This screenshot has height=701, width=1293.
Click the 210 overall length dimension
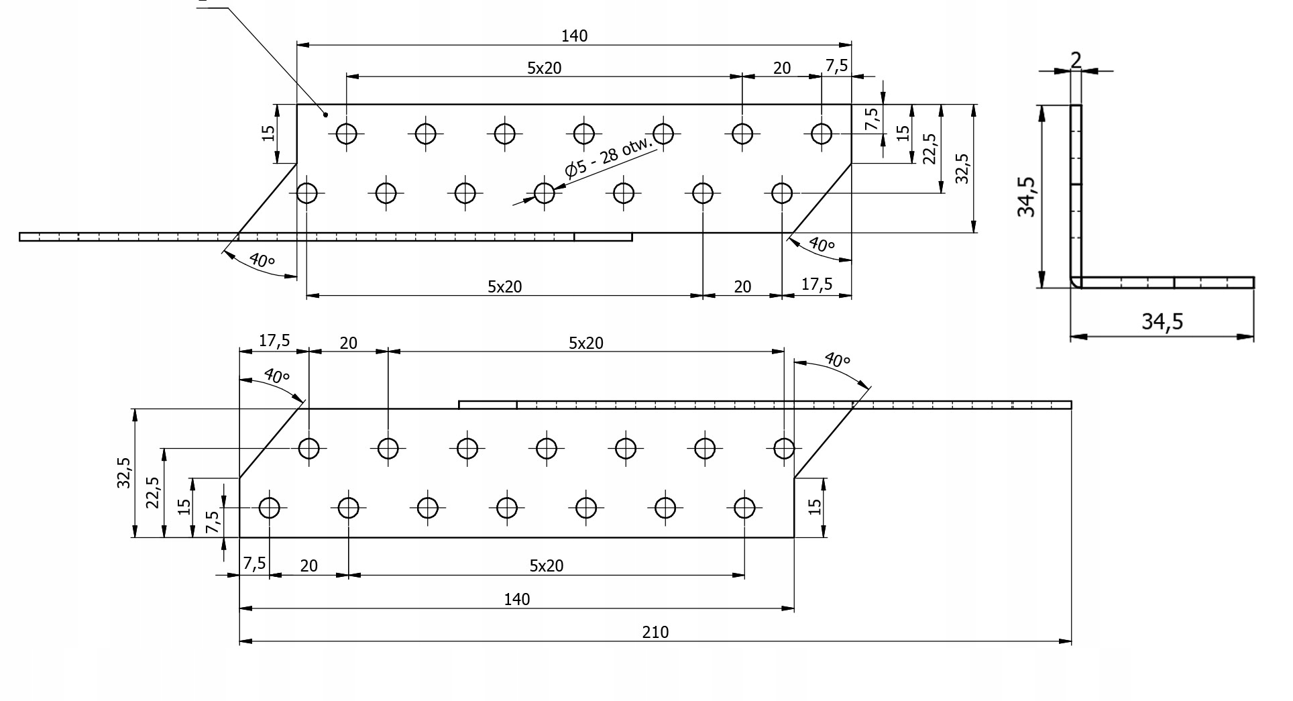[x=655, y=632]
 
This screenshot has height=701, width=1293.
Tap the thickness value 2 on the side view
[x=1076, y=60]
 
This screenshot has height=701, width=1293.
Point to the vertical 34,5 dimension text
[x=1027, y=197]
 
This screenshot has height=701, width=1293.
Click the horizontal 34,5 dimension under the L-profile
[x=1162, y=322]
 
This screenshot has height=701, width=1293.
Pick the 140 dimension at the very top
[x=574, y=36]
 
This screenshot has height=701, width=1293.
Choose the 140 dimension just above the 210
[x=517, y=599]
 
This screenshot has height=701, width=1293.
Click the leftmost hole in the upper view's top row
[x=347, y=133]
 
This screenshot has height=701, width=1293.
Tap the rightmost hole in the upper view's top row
[x=822, y=133]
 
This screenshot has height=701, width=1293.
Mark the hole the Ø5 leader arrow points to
[x=545, y=193]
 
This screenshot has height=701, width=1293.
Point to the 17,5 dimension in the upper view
[x=816, y=284]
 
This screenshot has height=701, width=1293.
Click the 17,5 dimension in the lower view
[x=274, y=341]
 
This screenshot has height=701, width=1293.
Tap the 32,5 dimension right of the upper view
[x=962, y=168]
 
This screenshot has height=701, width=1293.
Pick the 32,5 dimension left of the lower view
[x=125, y=472]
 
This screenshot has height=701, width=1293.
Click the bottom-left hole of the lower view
[x=270, y=508]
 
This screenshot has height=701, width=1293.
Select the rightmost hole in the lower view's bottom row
[x=744, y=508]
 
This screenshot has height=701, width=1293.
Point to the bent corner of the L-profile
[x=1076, y=282]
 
